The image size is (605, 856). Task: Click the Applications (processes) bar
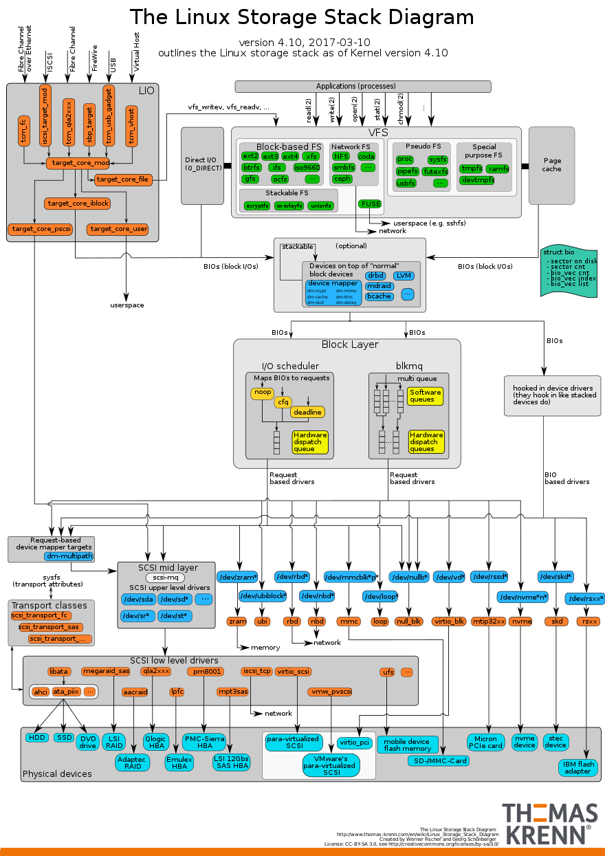click(x=363, y=87)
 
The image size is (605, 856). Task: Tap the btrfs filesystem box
click(x=251, y=168)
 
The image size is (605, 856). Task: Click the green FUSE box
click(x=370, y=204)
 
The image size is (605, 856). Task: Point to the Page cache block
click(x=551, y=165)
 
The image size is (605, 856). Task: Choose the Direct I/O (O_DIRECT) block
click(x=202, y=165)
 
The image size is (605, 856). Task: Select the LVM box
click(x=404, y=276)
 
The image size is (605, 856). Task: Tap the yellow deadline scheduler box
click(x=307, y=412)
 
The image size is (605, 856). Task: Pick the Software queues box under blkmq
click(x=426, y=396)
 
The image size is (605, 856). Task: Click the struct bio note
click(x=569, y=271)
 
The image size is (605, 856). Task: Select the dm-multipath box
click(x=69, y=556)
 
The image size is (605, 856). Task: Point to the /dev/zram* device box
click(x=237, y=577)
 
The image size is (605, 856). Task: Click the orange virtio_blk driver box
click(x=450, y=622)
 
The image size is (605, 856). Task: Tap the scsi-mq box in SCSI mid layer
click(x=166, y=578)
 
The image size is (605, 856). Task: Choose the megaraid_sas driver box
click(x=105, y=671)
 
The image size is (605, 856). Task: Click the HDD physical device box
click(x=37, y=738)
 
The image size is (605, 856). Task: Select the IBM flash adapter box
click(x=577, y=767)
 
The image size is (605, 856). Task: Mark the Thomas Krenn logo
click(x=549, y=823)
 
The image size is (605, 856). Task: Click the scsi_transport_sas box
click(x=50, y=627)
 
